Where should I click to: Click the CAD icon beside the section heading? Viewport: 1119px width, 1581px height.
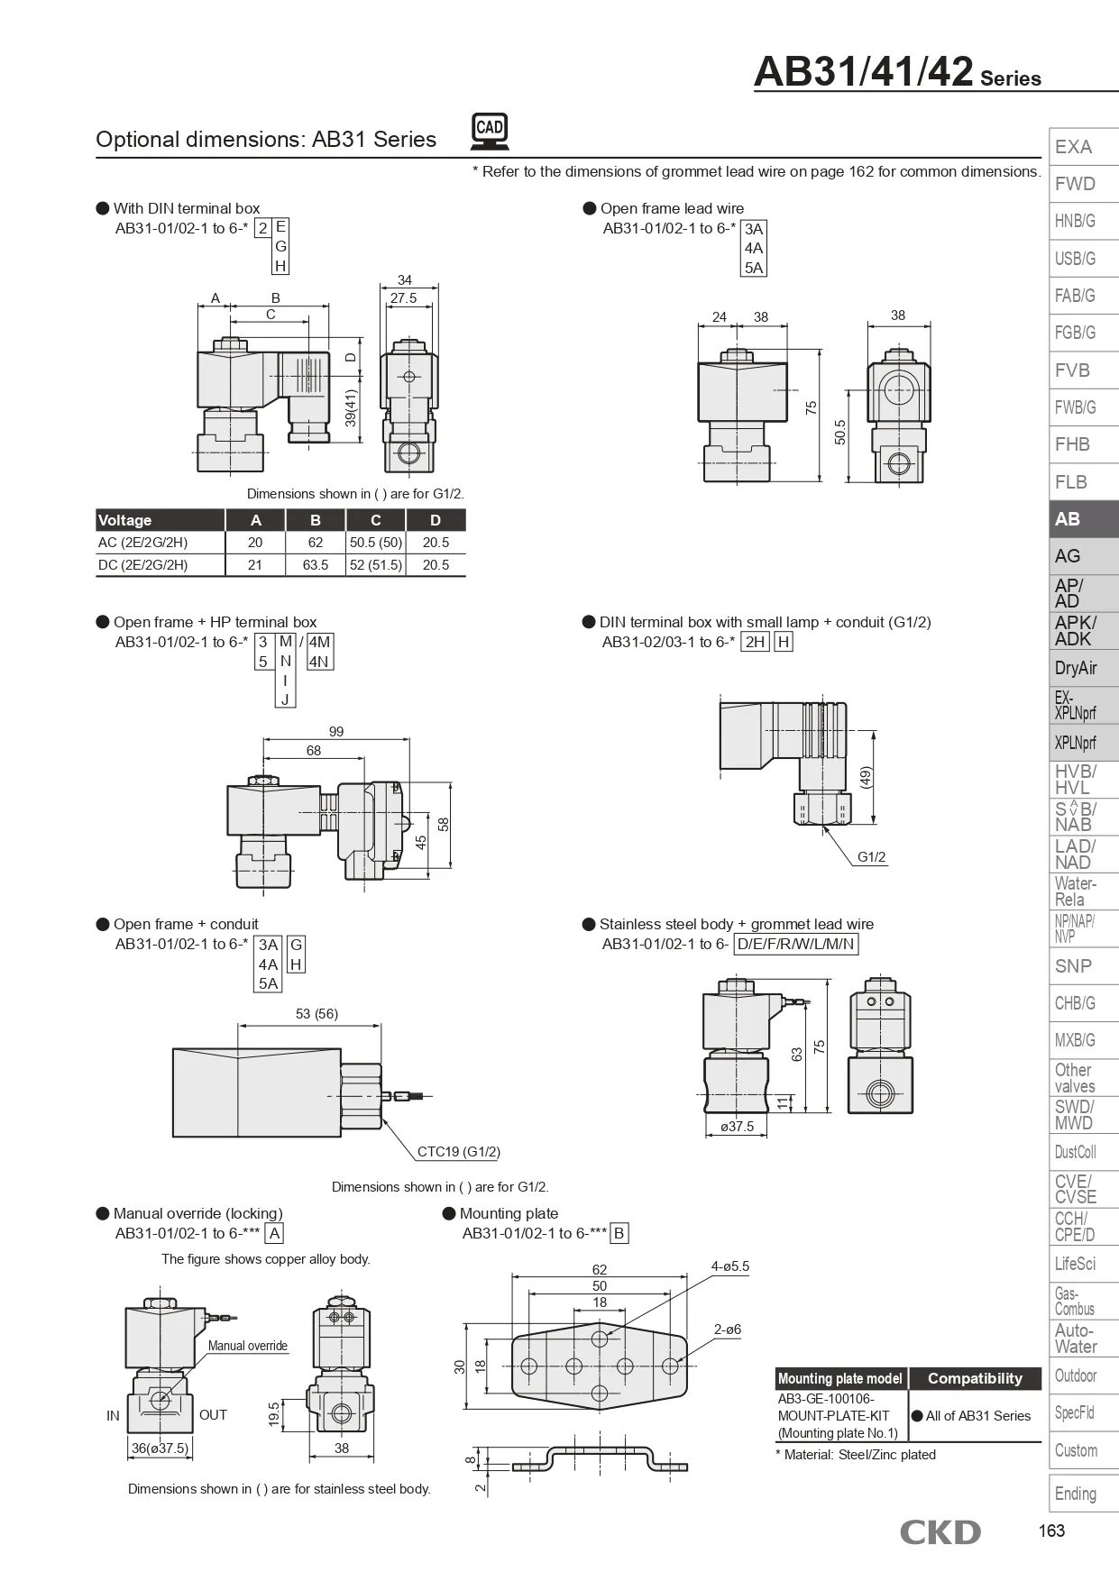click(490, 131)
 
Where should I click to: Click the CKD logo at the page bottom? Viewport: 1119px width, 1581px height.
click(940, 1531)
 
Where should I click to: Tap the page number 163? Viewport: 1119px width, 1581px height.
click(1051, 1531)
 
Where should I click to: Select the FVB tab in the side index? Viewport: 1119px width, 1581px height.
click(1073, 370)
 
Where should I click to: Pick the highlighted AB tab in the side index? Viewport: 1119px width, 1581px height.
click(1069, 519)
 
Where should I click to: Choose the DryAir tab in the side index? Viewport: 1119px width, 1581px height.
click(1076, 668)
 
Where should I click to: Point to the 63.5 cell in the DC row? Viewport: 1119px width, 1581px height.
click(316, 565)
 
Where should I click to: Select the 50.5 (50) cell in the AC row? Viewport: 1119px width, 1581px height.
click(376, 543)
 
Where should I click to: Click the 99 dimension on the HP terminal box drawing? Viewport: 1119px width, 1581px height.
click(336, 732)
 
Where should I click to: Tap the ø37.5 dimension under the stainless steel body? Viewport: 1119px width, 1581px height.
click(737, 1127)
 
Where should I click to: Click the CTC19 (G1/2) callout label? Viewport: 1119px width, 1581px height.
click(458, 1151)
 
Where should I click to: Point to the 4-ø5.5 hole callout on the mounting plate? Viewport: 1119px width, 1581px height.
click(729, 1266)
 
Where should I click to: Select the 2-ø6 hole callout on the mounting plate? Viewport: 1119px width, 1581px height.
click(727, 1330)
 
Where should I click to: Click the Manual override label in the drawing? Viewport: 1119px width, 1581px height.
click(248, 1346)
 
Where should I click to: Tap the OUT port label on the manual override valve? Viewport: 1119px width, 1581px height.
click(213, 1415)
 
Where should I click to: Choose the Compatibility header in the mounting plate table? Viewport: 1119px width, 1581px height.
click(975, 1378)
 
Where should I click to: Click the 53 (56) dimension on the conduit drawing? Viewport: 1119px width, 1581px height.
click(316, 1014)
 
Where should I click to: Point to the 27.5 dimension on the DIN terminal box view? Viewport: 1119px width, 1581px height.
click(403, 298)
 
